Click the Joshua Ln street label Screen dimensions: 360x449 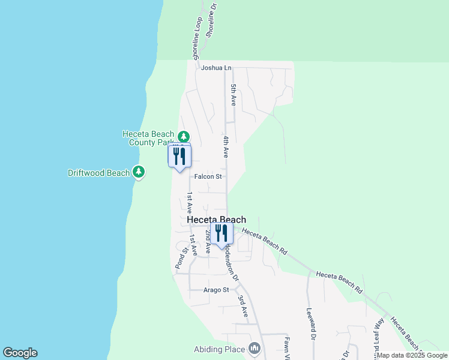click(216, 68)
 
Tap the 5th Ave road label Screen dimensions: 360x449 click(234, 96)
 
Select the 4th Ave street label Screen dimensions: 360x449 click(226, 147)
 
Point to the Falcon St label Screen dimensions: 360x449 click(208, 176)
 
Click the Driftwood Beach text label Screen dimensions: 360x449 click(98, 173)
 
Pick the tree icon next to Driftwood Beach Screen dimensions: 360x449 click(139, 173)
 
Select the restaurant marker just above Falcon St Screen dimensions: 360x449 click(179, 157)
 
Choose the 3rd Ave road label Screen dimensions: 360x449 click(243, 305)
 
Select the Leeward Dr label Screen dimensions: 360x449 click(311, 324)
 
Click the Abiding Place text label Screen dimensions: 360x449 click(219, 349)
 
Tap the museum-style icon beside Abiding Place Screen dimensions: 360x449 click(255, 349)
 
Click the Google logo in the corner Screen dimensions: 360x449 click(20, 353)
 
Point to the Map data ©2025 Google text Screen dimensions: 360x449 click(412, 355)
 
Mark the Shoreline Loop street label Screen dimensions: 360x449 click(197, 37)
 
